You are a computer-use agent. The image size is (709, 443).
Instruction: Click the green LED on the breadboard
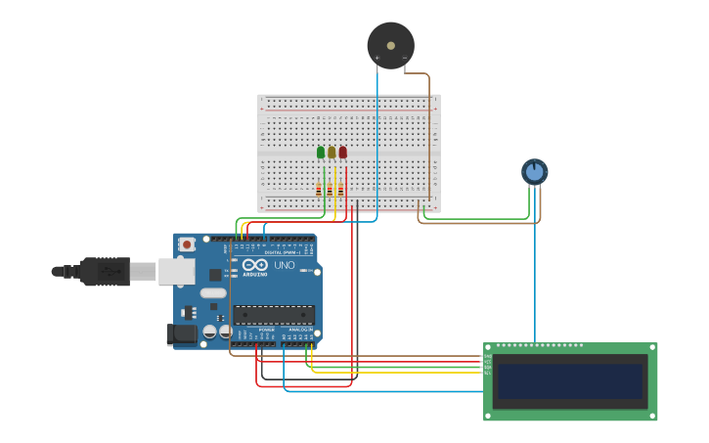click(321, 153)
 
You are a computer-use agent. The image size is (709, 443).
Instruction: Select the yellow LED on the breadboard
click(332, 153)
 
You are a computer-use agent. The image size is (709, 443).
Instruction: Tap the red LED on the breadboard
click(342, 153)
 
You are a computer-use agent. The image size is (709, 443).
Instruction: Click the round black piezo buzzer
click(390, 45)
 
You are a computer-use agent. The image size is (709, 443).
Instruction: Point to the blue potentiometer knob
click(534, 172)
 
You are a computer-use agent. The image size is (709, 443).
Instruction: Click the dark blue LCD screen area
click(571, 381)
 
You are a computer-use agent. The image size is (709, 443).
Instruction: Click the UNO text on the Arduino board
click(284, 265)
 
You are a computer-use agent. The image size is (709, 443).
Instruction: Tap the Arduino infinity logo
click(254, 265)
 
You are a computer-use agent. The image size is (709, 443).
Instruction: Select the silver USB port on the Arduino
click(176, 271)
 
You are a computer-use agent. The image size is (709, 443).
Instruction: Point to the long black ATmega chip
click(274, 315)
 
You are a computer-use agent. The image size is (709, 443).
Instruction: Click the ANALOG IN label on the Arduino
click(300, 330)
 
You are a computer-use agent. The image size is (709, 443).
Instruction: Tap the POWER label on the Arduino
click(266, 330)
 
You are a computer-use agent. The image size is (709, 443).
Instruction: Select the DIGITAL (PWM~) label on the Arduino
click(284, 252)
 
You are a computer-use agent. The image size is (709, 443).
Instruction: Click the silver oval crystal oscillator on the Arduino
click(213, 292)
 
